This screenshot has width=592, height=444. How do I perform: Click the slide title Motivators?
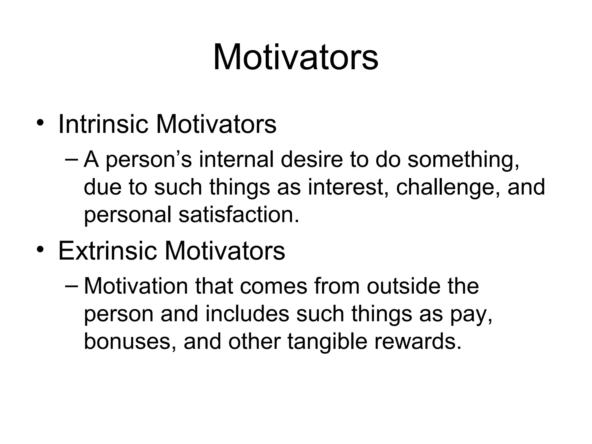[295, 57]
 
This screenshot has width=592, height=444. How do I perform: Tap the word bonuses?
[130, 341]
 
